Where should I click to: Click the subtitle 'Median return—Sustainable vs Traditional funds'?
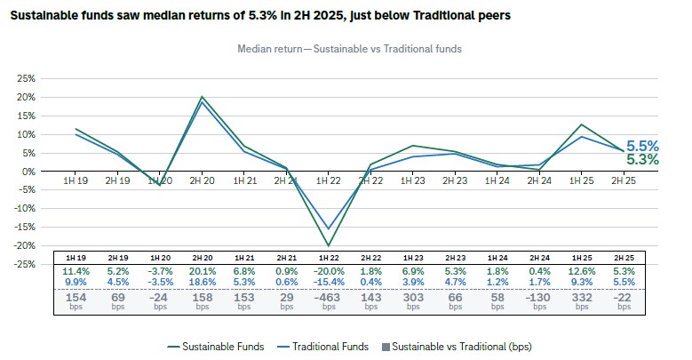349,49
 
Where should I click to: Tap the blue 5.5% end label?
642,146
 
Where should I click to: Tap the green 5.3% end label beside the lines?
642,160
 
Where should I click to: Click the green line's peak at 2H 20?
203,97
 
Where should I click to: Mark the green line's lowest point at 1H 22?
329,245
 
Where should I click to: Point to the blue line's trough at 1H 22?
329,228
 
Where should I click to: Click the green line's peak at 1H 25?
581,124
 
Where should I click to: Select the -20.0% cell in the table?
329,271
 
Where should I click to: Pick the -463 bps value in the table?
329,297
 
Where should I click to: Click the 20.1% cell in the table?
203,271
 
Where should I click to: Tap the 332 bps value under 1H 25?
581,297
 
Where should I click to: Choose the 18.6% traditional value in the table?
203,283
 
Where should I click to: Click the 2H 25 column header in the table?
624,258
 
